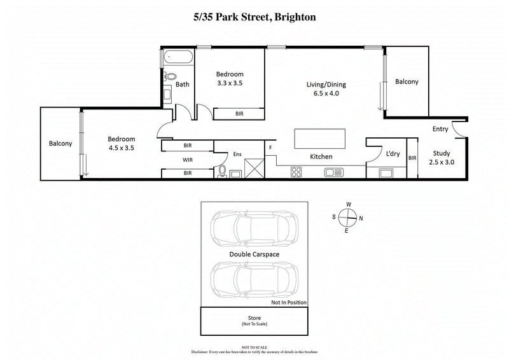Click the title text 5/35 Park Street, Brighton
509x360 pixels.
pyautogui.click(x=254, y=17)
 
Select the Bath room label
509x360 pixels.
pyautogui.click(x=183, y=84)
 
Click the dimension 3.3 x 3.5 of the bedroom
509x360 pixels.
pyautogui.click(x=230, y=83)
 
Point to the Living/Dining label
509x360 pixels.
pyautogui.click(x=326, y=85)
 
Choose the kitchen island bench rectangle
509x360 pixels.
pyautogui.click(x=319, y=138)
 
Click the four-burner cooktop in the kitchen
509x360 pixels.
pyautogui.click(x=296, y=171)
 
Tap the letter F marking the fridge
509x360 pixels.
pyautogui.click(x=270, y=148)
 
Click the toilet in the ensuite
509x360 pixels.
pyautogui.click(x=222, y=170)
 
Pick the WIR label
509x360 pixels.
pyautogui.click(x=188, y=160)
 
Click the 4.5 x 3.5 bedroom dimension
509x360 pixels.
pyautogui.click(x=121, y=148)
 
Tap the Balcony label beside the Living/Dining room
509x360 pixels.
pyautogui.click(x=407, y=82)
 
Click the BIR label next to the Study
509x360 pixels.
pyautogui.click(x=412, y=158)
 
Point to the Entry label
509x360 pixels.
pyautogui.click(x=440, y=129)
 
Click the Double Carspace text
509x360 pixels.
pyautogui.click(x=254, y=254)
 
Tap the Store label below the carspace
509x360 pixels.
pyautogui.click(x=254, y=317)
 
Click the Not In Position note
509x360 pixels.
pyautogui.click(x=289, y=302)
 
